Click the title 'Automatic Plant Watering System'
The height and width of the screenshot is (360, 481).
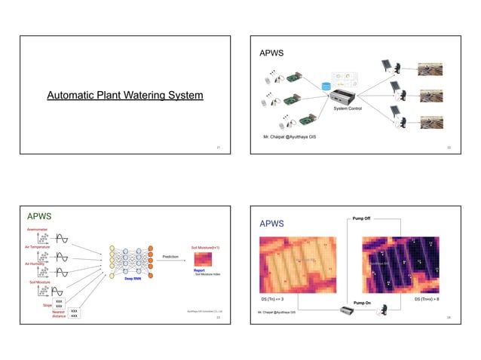[124, 96]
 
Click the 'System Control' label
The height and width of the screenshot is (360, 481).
[348, 108]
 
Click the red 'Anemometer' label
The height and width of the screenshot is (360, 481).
[38, 229]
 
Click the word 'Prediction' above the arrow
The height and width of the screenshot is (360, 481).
[170, 256]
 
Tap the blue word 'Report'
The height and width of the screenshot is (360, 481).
[199, 270]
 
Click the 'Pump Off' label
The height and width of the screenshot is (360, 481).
[361, 218]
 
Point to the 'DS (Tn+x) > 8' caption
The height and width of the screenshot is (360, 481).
[427, 299]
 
